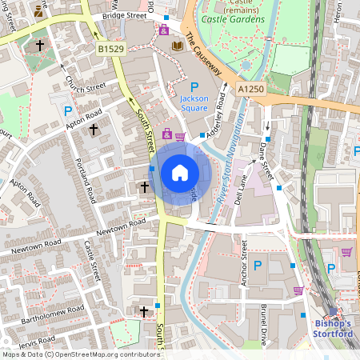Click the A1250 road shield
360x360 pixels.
click(252, 91)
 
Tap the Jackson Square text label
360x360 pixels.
click(194, 106)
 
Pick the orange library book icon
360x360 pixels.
click(178, 46)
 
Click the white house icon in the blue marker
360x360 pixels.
click(180, 172)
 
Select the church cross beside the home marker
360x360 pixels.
click(144, 187)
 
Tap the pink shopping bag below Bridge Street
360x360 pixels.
click(164, 30)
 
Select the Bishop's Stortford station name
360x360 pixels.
click(331, 328)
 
